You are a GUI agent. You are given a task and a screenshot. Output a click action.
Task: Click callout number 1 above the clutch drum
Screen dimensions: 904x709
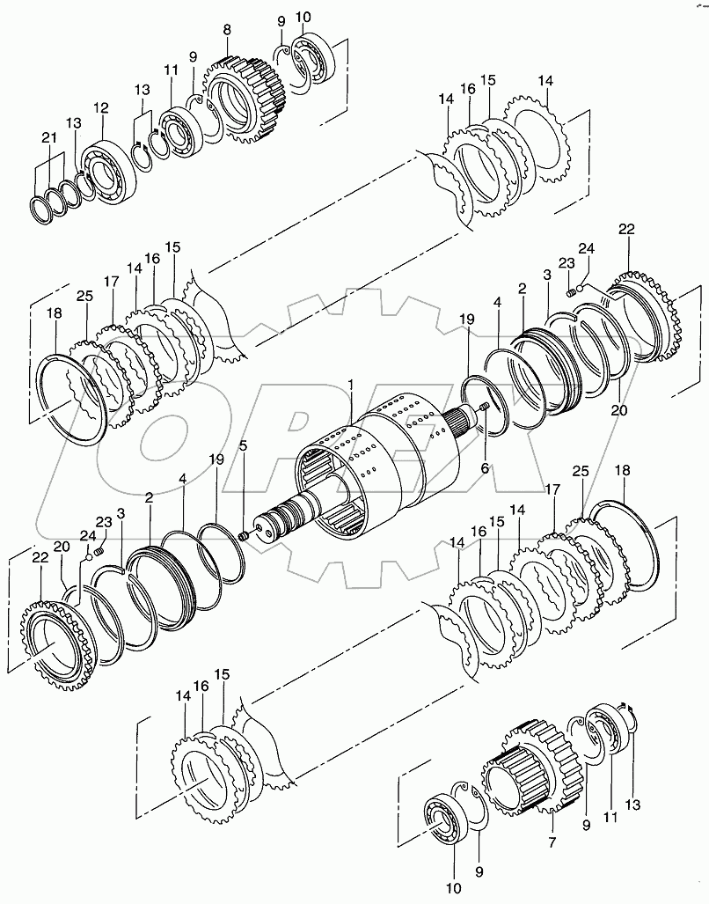click(351, 385)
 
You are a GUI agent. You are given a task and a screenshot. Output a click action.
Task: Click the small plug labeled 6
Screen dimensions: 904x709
click(484, 407)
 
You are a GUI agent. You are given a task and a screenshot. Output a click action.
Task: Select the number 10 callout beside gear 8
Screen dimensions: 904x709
click(303, 17)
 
